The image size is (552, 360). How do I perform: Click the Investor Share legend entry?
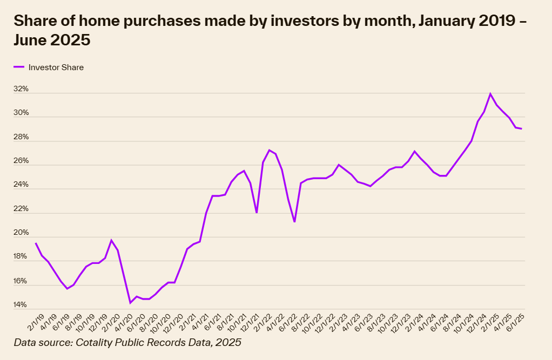coord(56,67)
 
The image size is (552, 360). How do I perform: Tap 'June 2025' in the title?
coord(52,40)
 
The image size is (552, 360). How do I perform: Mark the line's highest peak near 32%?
coord(490,94)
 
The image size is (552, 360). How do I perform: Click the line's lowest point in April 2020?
coord(130,303)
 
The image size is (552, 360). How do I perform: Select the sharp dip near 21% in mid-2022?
coord(294,222)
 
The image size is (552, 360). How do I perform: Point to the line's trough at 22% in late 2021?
coord(257,213)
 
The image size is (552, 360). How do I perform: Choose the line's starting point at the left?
coord(36,243)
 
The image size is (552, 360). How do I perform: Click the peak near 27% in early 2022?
coord(269,150)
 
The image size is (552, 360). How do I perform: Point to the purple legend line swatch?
coord(19,67)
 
